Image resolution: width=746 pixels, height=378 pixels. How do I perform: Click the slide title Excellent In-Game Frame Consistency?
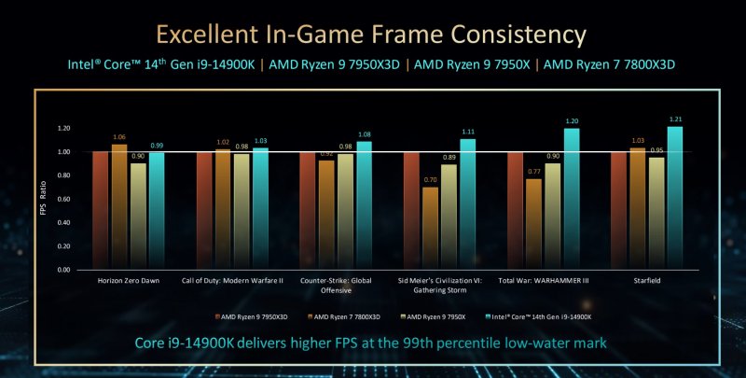371,35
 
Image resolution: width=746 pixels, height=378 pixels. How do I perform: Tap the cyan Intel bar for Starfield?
675,198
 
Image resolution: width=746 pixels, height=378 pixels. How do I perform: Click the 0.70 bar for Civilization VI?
429,229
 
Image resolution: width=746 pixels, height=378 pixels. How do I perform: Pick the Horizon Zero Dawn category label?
129,279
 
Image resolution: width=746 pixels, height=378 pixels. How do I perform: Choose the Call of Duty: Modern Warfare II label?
233,279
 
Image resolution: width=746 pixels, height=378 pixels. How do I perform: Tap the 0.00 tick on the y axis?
64,270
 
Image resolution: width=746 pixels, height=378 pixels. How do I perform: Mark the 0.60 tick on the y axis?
64,199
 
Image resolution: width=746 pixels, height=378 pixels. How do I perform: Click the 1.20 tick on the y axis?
64,128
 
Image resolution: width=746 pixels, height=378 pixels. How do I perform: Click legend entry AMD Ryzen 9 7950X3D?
255,317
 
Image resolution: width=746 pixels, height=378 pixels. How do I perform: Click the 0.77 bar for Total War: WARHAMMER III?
533,224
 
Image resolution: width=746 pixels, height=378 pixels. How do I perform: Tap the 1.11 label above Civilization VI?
467,131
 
